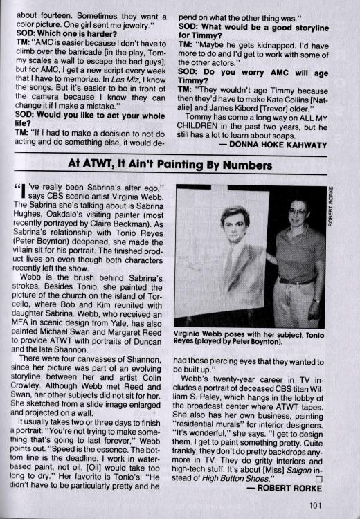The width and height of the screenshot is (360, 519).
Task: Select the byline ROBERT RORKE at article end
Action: [286, 487]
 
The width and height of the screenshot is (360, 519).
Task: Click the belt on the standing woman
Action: [296, 282]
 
